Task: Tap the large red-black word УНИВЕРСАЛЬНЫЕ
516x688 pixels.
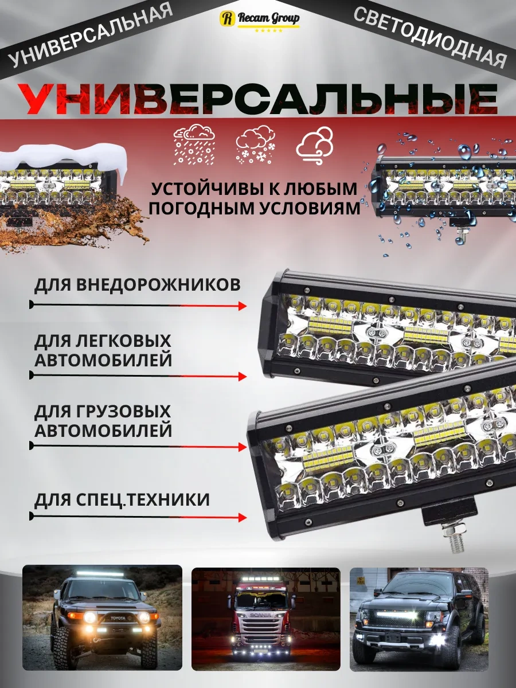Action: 257,99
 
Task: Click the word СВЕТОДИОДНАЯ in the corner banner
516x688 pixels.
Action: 430,37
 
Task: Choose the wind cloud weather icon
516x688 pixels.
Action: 315,146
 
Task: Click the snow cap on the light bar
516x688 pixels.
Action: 62,159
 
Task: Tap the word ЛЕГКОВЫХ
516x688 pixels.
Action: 123,341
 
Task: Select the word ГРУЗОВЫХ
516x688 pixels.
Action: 123,412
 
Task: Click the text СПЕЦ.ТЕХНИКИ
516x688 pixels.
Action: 143,500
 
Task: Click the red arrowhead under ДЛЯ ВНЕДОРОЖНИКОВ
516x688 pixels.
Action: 243,306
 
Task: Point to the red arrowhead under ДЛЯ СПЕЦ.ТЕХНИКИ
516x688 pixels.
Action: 243,518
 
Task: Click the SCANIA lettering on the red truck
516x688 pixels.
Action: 261,615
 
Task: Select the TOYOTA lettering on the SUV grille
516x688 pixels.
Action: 118,619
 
